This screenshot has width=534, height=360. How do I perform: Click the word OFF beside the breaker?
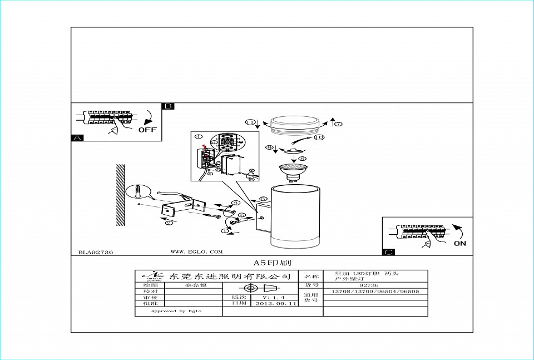pyautogui.click(x=147, y=130)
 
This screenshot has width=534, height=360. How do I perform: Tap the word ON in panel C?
pyautogui.click(x=460, y=243)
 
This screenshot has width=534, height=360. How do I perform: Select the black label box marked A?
pyautogui.click(x=77, y=138)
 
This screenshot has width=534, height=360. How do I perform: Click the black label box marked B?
pyautogui.click(x=168, y=106)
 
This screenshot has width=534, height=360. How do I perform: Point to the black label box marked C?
pyautogui.click(x=389, y=252)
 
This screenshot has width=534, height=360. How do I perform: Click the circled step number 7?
pyautogui.click(x=338, y=124)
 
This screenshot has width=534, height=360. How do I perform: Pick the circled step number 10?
pyautogui.click(x=319, y=137)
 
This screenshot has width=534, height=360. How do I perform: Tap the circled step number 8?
pyautogui.click(x=302, y=158)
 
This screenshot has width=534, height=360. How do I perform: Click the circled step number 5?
pyautogui.click(x=263, y=199)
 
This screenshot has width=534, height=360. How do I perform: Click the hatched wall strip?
pyautogui.click(x=120, y=195)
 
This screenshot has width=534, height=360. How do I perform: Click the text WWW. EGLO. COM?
pyautogui.click(x=196, y=251)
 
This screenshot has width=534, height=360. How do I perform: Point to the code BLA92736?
pyautogui.click(x=96, y=252)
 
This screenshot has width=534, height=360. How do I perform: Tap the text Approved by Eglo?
pyautogui.click(x=176, y=311)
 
